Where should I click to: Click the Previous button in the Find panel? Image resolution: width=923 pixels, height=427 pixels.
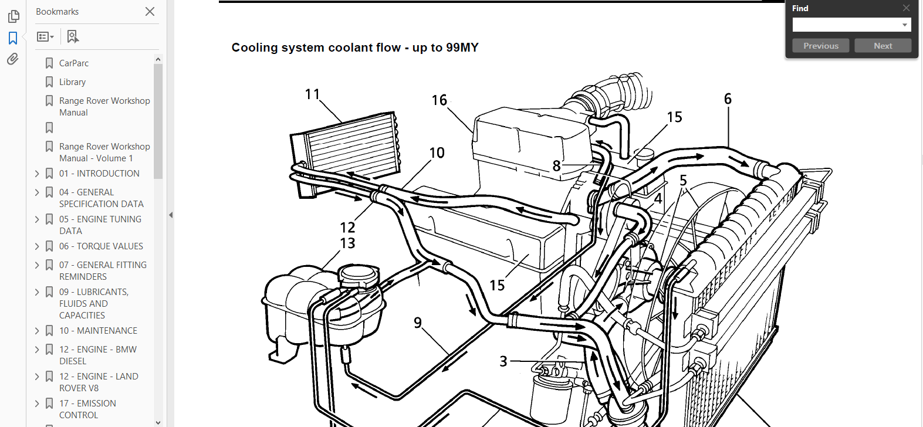820,46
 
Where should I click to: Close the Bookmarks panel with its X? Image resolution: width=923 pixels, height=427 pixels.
150,12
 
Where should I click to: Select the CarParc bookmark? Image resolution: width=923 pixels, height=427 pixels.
74,63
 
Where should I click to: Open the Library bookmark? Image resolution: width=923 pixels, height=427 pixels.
73,82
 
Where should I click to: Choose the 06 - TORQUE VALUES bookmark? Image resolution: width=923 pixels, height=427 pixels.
101,246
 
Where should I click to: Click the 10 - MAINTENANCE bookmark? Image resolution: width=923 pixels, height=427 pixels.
98,331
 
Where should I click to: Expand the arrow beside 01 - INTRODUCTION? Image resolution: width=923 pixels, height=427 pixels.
37,174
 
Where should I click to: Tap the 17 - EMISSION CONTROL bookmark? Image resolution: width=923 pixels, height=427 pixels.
88,409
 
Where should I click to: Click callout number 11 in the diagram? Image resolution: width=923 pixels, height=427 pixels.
312,94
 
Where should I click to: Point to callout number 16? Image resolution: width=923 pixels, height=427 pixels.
439,100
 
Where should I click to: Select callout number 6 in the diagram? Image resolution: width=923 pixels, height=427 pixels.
728,99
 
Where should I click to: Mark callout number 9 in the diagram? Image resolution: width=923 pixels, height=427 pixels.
418,323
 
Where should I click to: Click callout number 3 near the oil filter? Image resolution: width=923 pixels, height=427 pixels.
503,361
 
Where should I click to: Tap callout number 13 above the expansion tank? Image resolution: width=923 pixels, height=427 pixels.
347,243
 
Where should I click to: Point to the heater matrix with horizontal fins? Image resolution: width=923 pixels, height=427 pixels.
345,154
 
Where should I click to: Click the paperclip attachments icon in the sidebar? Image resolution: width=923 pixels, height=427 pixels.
13,59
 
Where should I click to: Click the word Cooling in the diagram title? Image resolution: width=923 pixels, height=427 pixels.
255,48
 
